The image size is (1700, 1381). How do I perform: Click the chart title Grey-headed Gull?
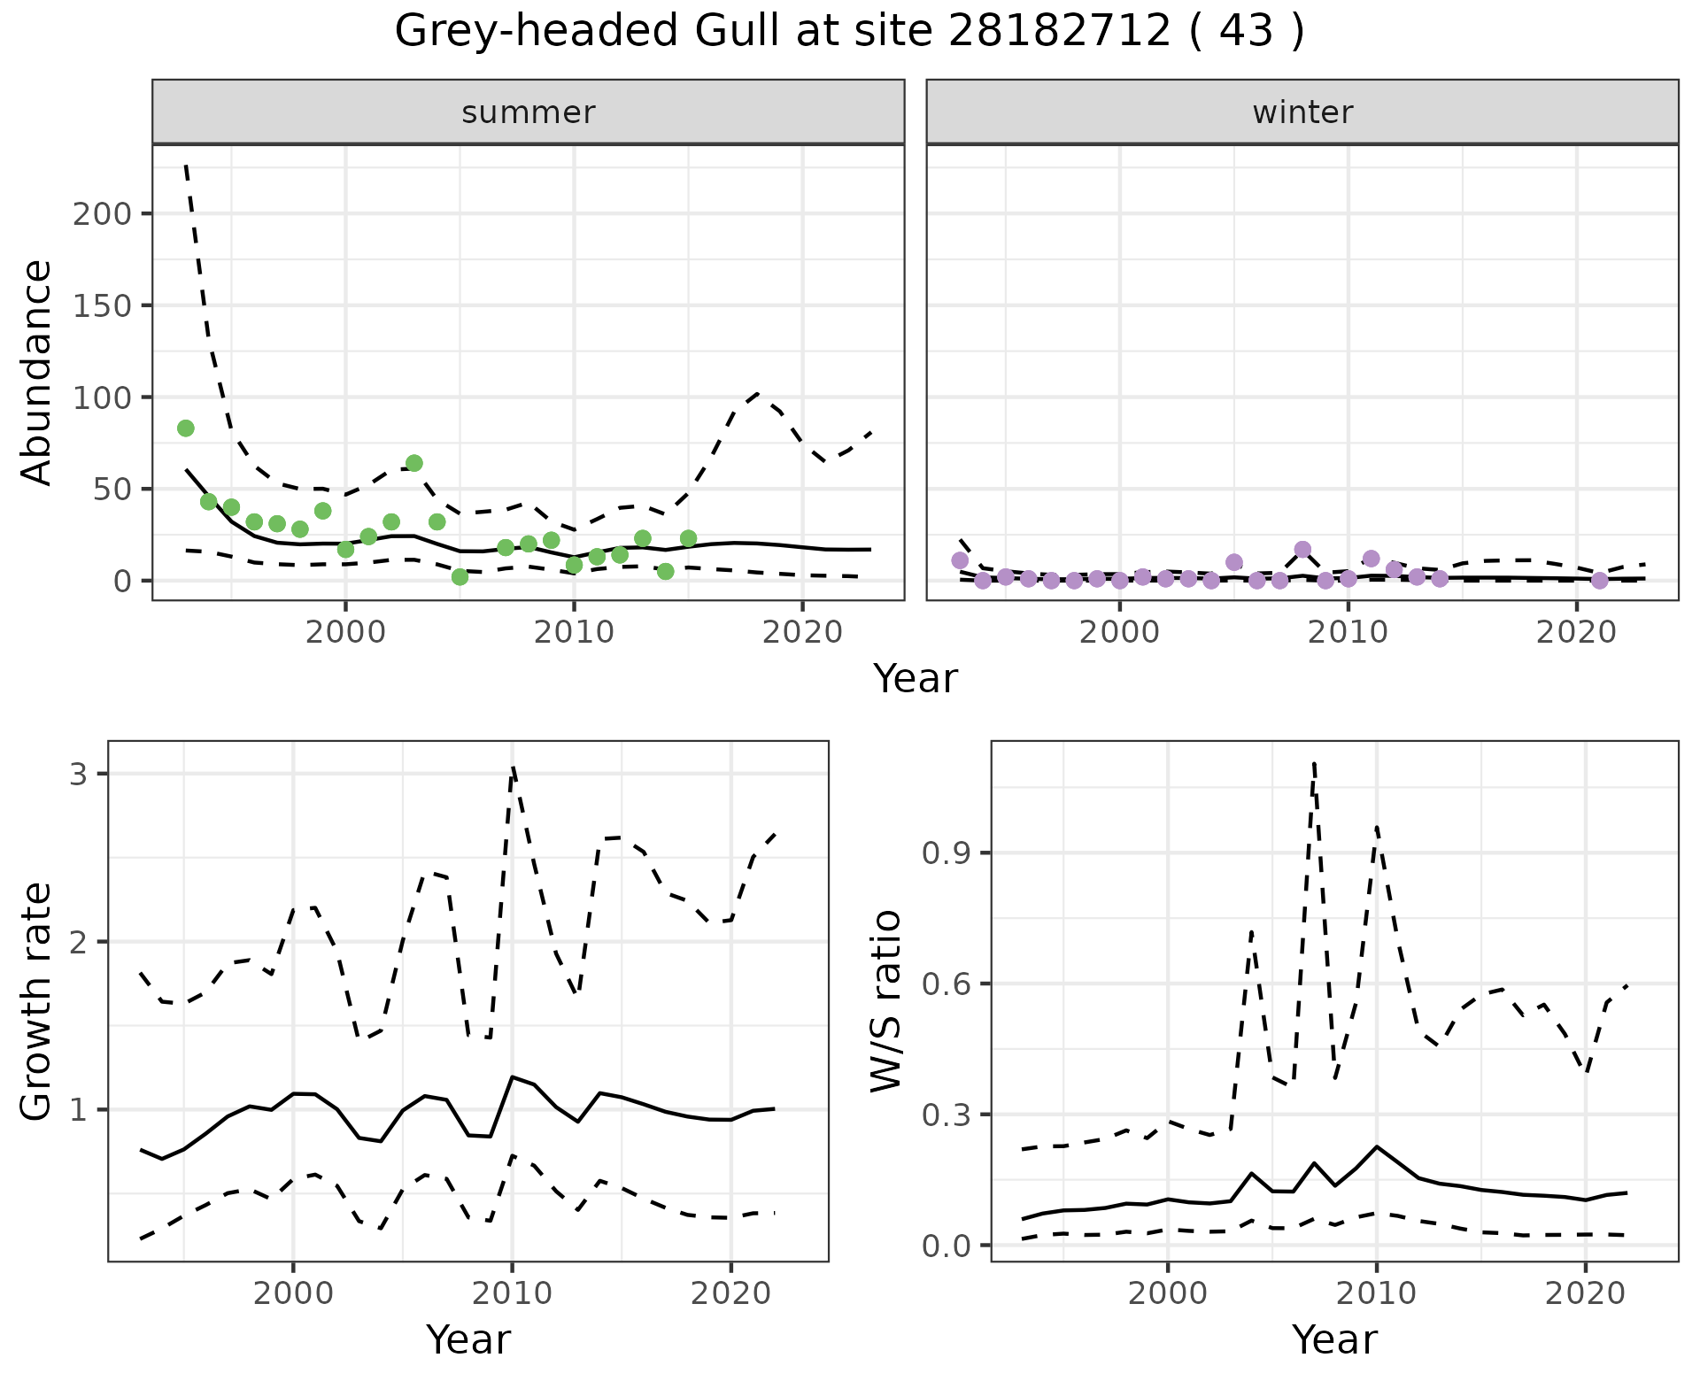[848, 32]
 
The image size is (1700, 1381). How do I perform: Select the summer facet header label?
[529, 112]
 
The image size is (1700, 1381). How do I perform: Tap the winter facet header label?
[1302, 112]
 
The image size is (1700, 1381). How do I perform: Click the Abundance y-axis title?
[37, 372]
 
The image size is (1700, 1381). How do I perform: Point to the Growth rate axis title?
[37, 1002]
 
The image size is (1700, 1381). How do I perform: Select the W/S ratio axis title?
[885, 1000]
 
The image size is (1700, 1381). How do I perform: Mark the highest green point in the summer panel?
[186, 428]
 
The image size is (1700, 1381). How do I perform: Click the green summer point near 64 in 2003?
[413, 463]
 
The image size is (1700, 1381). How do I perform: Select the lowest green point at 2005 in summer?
[460, 577]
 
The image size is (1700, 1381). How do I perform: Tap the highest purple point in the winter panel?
[1302, 550]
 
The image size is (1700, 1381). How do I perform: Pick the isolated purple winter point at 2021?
[1599, 581]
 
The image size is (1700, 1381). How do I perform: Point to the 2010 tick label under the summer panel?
[574, 633]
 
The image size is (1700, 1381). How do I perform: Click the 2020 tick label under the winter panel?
[1576, 633]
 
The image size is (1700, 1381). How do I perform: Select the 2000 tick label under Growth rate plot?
[293, 1294]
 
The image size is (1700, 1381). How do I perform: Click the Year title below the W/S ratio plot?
[1334, 1339]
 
